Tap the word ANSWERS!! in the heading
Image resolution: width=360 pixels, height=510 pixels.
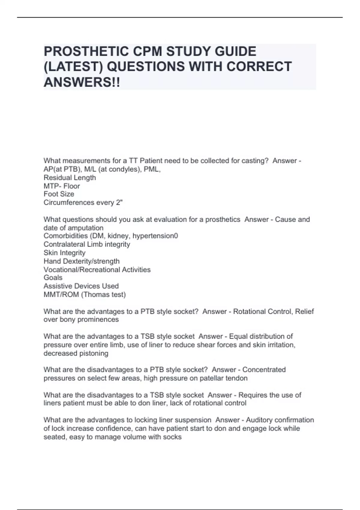[82, 82]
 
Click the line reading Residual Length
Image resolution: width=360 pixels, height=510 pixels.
[70, 178]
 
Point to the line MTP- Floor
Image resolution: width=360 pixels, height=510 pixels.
[62, 186]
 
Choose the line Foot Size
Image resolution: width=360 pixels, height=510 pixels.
[59, 194]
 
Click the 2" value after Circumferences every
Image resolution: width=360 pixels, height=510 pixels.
[119, 202]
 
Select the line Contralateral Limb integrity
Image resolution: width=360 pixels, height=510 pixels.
[87, 244]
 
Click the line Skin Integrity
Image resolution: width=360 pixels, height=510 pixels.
[64, 253]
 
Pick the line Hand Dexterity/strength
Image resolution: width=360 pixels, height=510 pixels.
[82, 261]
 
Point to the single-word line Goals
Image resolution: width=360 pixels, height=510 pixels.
[53, 277]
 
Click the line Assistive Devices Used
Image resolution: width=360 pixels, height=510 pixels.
[81, 286]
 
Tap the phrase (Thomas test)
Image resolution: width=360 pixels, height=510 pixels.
[103, 294]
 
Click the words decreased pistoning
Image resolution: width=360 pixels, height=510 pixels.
[76, 353]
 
